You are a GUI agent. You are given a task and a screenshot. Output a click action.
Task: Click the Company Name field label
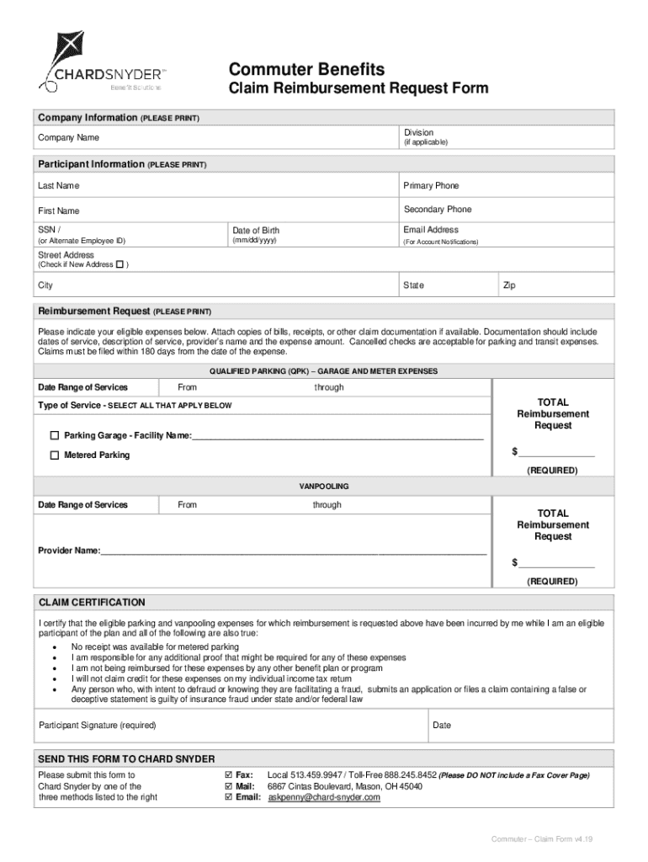68,137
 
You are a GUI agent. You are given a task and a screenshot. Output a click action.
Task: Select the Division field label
418,132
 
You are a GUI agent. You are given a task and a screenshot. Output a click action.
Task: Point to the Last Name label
59,185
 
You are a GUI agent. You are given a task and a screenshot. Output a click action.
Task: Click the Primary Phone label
431,185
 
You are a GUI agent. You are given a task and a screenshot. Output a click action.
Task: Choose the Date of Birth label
256,231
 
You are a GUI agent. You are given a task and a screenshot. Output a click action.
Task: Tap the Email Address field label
431,230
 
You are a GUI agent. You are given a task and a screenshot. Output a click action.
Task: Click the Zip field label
509,285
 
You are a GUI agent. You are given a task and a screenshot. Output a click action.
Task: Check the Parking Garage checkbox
55,436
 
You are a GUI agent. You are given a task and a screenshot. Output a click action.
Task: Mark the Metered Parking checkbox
55,455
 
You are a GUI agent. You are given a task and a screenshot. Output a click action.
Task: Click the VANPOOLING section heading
324,487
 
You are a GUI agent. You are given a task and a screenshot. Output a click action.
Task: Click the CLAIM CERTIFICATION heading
92,603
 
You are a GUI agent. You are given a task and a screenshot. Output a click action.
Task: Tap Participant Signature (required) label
98,726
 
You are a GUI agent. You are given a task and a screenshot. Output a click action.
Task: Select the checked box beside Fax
228,774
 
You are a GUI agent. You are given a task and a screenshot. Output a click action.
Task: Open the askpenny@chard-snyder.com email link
324,797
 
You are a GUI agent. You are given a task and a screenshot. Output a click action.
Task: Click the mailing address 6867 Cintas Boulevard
344,786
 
